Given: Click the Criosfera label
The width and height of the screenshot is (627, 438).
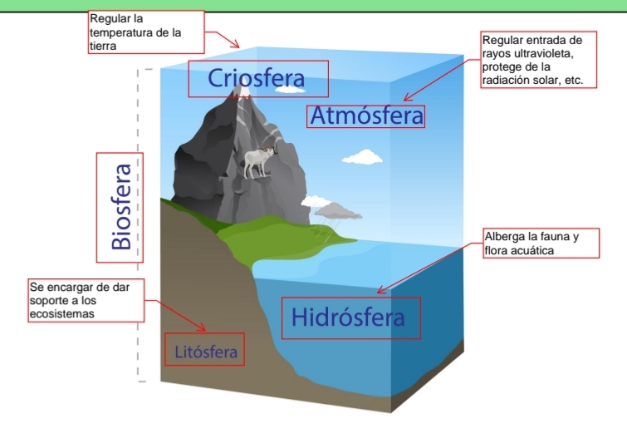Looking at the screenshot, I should click(257, 78).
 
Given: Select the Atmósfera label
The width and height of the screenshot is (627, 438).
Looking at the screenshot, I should click(366, 116).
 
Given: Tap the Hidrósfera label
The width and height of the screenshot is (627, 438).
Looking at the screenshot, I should click(349, 317).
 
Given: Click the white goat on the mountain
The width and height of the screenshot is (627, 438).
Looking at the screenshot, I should click(258, 161).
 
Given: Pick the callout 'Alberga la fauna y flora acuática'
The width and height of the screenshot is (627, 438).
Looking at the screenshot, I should click(531, 244).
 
